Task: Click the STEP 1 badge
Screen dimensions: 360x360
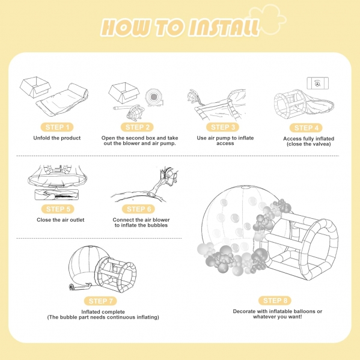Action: (x=57, y=127)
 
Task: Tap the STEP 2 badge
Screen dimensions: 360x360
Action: (x=137, y=127)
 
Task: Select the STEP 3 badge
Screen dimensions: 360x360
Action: (x=223, y=127)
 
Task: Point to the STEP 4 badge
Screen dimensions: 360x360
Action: (x=306, y=128)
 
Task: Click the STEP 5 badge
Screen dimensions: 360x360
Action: (x=58, y=209)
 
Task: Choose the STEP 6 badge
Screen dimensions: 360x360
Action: (x=138, y=209)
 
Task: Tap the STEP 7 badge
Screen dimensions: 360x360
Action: (x=100, y=301)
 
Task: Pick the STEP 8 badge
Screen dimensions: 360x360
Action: (x=275, y=301)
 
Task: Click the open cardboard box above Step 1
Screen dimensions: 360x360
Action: (x=35, y=87)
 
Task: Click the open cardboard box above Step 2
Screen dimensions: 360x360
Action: (x=124, y=92)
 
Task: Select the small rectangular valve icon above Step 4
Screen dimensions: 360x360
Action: (x=318, y=83)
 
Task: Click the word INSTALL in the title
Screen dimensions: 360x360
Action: (x=224, y=28)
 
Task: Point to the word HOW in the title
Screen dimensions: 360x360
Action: (x=126, y=28)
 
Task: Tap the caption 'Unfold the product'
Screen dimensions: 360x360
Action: (x=57, y=138)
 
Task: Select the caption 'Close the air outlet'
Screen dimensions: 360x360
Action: (x=60, y=220)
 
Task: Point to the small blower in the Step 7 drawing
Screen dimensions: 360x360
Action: (x=73, y=287)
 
